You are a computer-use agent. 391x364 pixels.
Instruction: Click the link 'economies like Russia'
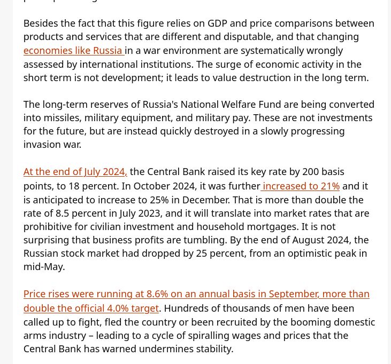tap(73, 51)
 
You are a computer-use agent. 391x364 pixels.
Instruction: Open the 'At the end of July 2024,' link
tap(75, 172)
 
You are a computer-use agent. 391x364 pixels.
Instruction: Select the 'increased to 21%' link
tap(301, 186)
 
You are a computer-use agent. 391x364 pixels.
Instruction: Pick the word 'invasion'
tap(41, 145)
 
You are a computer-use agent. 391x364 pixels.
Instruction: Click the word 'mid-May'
tap(43, 267)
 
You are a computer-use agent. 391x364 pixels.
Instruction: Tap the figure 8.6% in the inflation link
tap(157, 294)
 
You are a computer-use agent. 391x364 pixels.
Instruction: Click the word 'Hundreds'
tap(188, 308)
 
